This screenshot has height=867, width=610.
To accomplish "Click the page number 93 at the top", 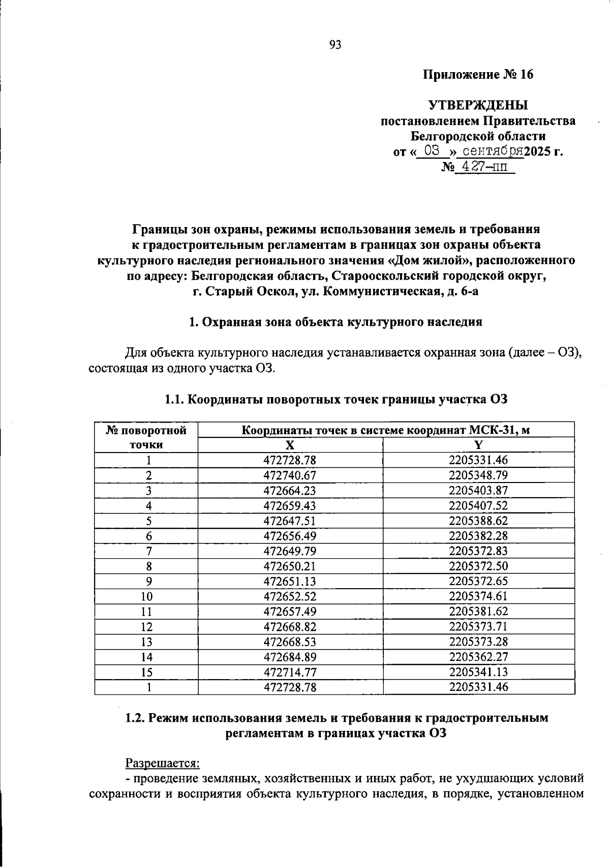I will click(335, 45).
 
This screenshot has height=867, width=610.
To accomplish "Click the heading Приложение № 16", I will click(478, 75).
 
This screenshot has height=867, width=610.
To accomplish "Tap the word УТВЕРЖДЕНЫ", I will click(478, 105).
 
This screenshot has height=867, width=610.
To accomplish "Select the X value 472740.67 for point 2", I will click(289, 476).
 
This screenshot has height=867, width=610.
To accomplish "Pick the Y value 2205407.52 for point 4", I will click(478, 506).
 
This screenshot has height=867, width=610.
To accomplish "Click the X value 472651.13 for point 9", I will click(289, 582).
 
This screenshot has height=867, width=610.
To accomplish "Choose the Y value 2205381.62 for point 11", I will click(478, 612).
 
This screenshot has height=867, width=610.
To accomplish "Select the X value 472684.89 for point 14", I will click(289, 657).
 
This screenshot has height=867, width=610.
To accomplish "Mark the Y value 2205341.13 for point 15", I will click(478, 672).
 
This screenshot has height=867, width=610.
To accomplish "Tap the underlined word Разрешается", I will click(162, 763).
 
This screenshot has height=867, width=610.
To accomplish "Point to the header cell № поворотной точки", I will click(146, 438).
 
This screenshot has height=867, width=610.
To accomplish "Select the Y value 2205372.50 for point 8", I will click(478, 566).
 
